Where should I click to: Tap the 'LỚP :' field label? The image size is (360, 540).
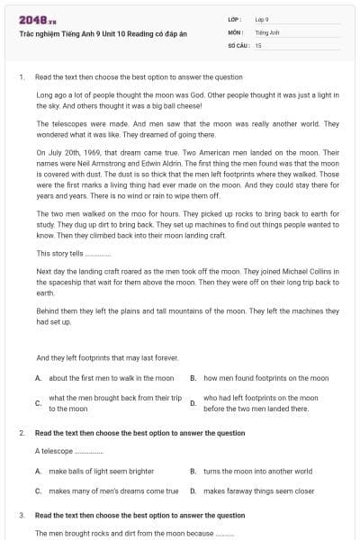[235, 19]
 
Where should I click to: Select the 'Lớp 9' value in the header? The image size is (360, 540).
[262, 19]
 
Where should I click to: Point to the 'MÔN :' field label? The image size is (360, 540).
[236, 31]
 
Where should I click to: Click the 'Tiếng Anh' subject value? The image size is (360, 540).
[265, 31]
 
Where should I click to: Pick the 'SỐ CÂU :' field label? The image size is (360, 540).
[238, 44]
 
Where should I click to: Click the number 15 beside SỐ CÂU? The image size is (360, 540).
[258, 44]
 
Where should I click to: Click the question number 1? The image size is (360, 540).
[21, 76]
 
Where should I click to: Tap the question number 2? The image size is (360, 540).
[21, 433]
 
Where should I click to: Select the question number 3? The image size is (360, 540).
[21, 516]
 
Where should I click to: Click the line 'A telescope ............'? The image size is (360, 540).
[69, 450]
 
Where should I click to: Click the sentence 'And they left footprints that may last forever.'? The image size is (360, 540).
[107, 357]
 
